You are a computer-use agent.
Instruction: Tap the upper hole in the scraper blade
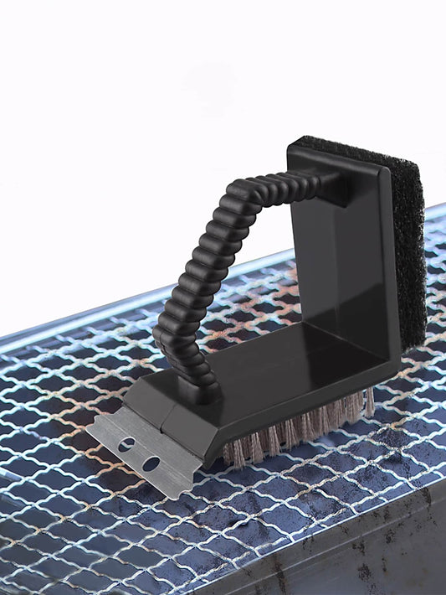point(126,445)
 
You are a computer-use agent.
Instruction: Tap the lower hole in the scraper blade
point(151,463)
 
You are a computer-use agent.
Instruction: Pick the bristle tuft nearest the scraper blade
point(235,453)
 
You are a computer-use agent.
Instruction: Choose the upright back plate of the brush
point(351,251)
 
